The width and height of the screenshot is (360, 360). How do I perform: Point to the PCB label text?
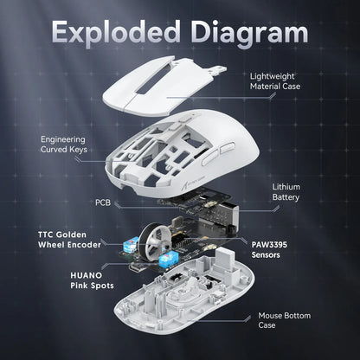[x=102, y=202]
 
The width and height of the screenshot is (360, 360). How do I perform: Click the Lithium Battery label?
[x=286, y=191]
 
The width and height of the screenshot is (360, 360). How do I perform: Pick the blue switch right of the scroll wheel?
[x=183, y=258]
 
